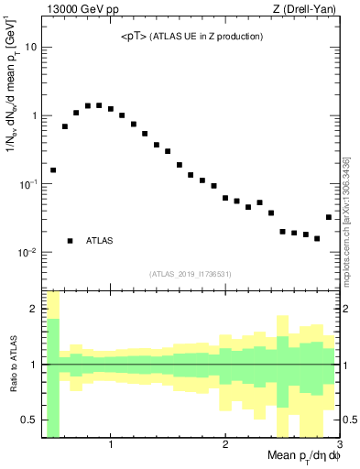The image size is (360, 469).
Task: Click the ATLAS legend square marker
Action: (x=70, y=241)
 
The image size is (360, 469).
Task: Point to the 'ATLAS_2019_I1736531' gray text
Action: (x=191, y=274)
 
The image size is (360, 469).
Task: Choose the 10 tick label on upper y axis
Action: (x=29, y=47)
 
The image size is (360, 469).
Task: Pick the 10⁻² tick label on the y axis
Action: (x=27, y=253)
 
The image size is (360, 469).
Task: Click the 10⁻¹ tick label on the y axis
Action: (x=27, y=184)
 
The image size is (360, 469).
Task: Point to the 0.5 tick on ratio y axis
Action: (x=27, y=420)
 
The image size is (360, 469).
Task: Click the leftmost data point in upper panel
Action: (x=53, y=169)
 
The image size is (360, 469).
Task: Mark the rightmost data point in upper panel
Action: (x=329, y=217)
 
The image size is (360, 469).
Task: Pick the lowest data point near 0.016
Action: (x=317, y=238)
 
